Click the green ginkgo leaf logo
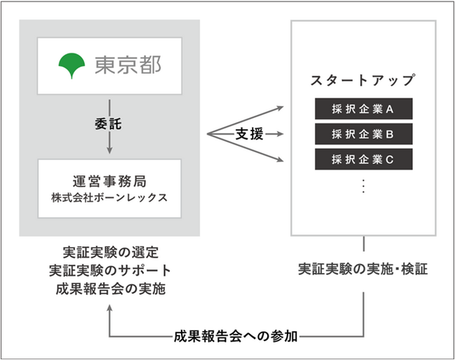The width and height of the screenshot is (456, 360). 72,65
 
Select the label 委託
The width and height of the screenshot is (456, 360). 109,121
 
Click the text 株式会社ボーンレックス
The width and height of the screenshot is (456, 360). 109,197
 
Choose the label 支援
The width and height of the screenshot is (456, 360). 249,134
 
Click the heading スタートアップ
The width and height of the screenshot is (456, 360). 363,80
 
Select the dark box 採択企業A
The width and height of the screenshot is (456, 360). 363,109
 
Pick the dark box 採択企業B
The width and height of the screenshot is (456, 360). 363,133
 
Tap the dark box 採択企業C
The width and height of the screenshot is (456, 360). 363,159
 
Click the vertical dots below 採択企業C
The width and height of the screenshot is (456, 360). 363,186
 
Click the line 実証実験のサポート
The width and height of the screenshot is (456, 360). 109,270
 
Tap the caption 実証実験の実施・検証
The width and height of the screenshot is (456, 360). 363,269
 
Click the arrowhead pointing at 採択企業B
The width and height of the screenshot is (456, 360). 282,134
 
